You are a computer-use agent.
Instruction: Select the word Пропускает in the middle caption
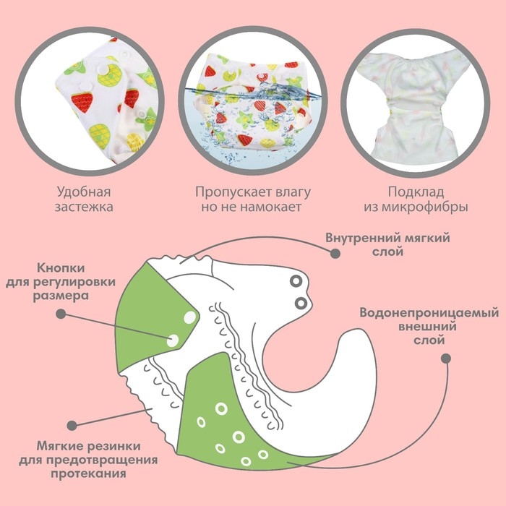228,193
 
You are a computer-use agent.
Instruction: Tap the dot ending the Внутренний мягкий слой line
334,254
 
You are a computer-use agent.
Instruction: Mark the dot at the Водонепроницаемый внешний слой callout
445,358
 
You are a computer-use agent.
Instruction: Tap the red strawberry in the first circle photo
81,102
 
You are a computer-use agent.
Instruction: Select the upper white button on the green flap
188,316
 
